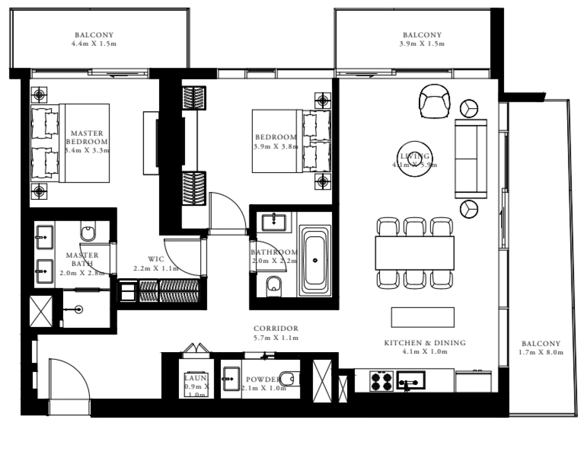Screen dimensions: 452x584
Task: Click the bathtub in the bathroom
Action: point(315,260)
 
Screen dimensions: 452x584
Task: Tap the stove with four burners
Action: point(382,381)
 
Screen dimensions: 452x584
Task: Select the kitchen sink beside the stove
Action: point(410,380)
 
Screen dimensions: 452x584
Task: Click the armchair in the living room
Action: point(434,101)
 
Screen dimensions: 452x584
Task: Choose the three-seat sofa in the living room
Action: point(471,159)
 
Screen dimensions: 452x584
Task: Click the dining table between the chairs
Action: point(415,253)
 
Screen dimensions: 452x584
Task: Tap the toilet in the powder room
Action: point(291,378)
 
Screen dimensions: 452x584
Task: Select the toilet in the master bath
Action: point(88,232)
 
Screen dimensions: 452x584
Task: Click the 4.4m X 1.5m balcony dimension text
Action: point(94,44)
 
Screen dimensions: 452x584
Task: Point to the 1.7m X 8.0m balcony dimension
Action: point(540,352)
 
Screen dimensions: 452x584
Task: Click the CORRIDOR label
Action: point(276,328)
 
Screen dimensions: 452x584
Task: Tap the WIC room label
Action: point(156,259)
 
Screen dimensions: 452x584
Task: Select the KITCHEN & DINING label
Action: point(425,343)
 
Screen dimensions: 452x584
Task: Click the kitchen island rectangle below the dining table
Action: point(422,317)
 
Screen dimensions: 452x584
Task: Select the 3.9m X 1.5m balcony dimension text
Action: point(421,44)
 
